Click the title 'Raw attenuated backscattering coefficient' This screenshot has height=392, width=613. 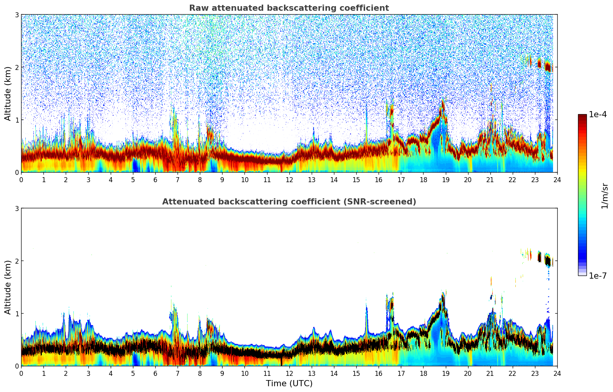click(289, 8)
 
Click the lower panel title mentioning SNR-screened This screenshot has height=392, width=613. click(289, 202)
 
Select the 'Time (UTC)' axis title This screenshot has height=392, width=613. click(289, 384)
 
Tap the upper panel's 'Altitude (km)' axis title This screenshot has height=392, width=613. click(8, 93)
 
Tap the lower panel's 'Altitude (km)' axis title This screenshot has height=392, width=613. click(8, 287)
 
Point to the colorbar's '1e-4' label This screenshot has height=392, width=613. click(598, 115)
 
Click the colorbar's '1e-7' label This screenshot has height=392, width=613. click(598, 276)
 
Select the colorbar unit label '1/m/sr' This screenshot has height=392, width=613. click(605, 196)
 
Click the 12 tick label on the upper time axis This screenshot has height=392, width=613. click(289, 179)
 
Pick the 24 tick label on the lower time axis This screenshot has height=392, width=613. click(557, 373)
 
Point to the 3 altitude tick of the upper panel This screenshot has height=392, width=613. click(17, 15)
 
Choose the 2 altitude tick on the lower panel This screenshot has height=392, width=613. click(17, 261)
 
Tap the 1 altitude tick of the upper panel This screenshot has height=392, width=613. click(17, 120)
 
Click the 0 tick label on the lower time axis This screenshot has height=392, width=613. click(21, 373)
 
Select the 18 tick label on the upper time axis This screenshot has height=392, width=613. click(423, 179)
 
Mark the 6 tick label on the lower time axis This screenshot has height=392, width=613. click(155, 373)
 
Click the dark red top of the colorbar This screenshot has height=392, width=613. click(582, 116)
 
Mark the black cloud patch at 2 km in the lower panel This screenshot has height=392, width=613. click(548, 261)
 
